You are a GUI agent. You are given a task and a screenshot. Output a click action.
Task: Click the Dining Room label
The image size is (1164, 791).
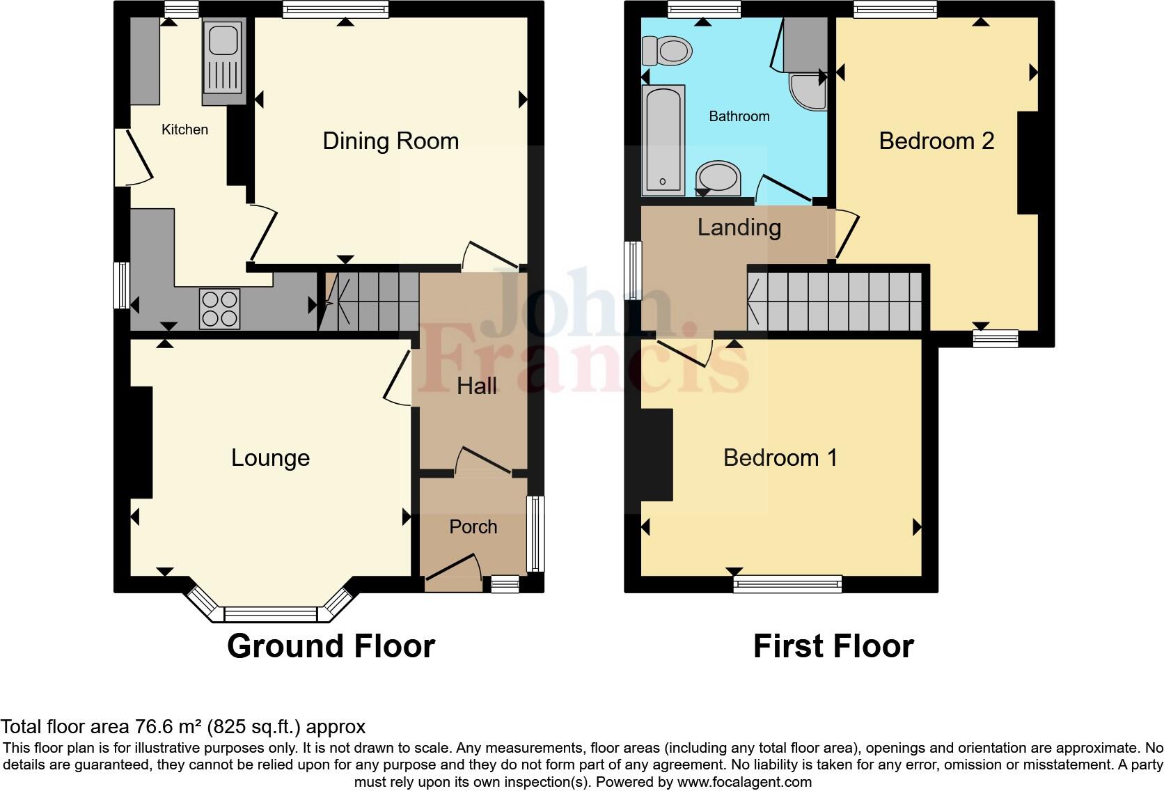(391, 141)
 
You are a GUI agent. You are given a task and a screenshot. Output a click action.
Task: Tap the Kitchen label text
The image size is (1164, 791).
(184, 130)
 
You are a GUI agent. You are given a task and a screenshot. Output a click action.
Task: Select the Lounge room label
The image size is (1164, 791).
(270, 458)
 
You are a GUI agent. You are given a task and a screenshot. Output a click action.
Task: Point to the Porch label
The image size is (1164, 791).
(473, 527)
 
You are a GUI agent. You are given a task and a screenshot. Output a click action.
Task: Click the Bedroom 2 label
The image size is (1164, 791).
(936, 141)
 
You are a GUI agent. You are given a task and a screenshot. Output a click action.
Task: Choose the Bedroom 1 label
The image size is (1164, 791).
(780, 458)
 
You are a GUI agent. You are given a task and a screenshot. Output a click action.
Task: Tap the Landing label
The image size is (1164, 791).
(739, 228)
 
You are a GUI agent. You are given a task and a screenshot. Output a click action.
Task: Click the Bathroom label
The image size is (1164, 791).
(739, 116)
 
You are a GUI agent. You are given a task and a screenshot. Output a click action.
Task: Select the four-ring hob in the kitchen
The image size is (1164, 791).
(220, 308)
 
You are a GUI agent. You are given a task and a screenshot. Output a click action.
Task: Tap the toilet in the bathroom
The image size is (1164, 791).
(667, 51)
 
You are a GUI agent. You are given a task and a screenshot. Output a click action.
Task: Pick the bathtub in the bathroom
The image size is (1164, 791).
(663, 141)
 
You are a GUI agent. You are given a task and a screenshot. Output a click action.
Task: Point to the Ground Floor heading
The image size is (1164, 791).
(331, 647)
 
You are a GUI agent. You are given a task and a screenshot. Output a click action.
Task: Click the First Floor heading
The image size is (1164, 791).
(833, 647)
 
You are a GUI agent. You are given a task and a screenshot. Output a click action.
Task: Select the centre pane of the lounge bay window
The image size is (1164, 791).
(270, 614)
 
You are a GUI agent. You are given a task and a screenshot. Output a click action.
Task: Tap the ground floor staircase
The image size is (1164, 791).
(369, 301)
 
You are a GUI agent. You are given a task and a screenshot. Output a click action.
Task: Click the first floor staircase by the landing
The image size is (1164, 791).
(835, 301)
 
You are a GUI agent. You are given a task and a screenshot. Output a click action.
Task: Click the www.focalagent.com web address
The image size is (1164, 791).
(745, 782)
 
